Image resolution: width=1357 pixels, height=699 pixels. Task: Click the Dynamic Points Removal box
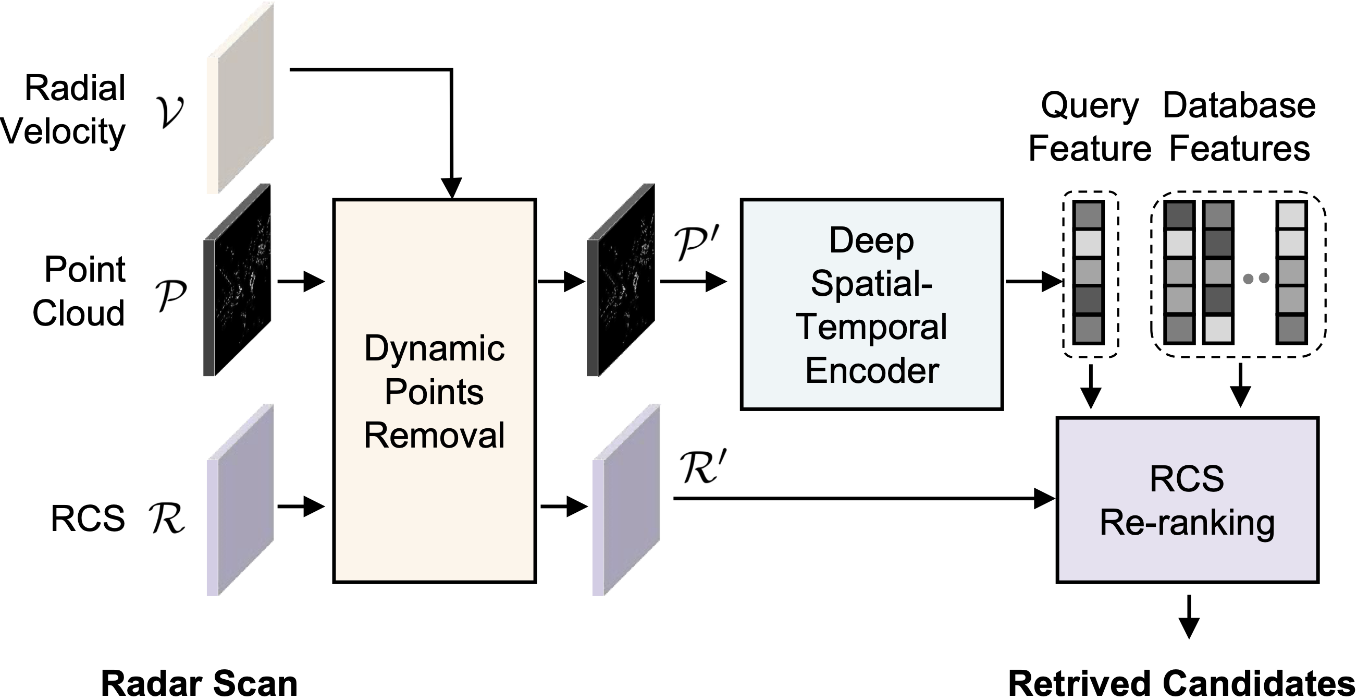(434, 391)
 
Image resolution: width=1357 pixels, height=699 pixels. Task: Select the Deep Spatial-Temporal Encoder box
(871, 304)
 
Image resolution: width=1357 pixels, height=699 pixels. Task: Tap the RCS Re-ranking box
(1187, 500)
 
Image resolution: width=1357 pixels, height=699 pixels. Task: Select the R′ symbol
(698, 466)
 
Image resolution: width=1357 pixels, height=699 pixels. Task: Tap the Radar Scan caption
(199, 683)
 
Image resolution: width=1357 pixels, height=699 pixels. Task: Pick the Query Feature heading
(1089, 127)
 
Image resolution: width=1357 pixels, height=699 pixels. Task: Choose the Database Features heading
(1239, 127)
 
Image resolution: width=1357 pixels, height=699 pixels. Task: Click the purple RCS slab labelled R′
(626, 501)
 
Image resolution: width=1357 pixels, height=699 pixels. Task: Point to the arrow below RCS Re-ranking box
(1189, 617)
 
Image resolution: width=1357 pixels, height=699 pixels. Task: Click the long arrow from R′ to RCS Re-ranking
(864, 498)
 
